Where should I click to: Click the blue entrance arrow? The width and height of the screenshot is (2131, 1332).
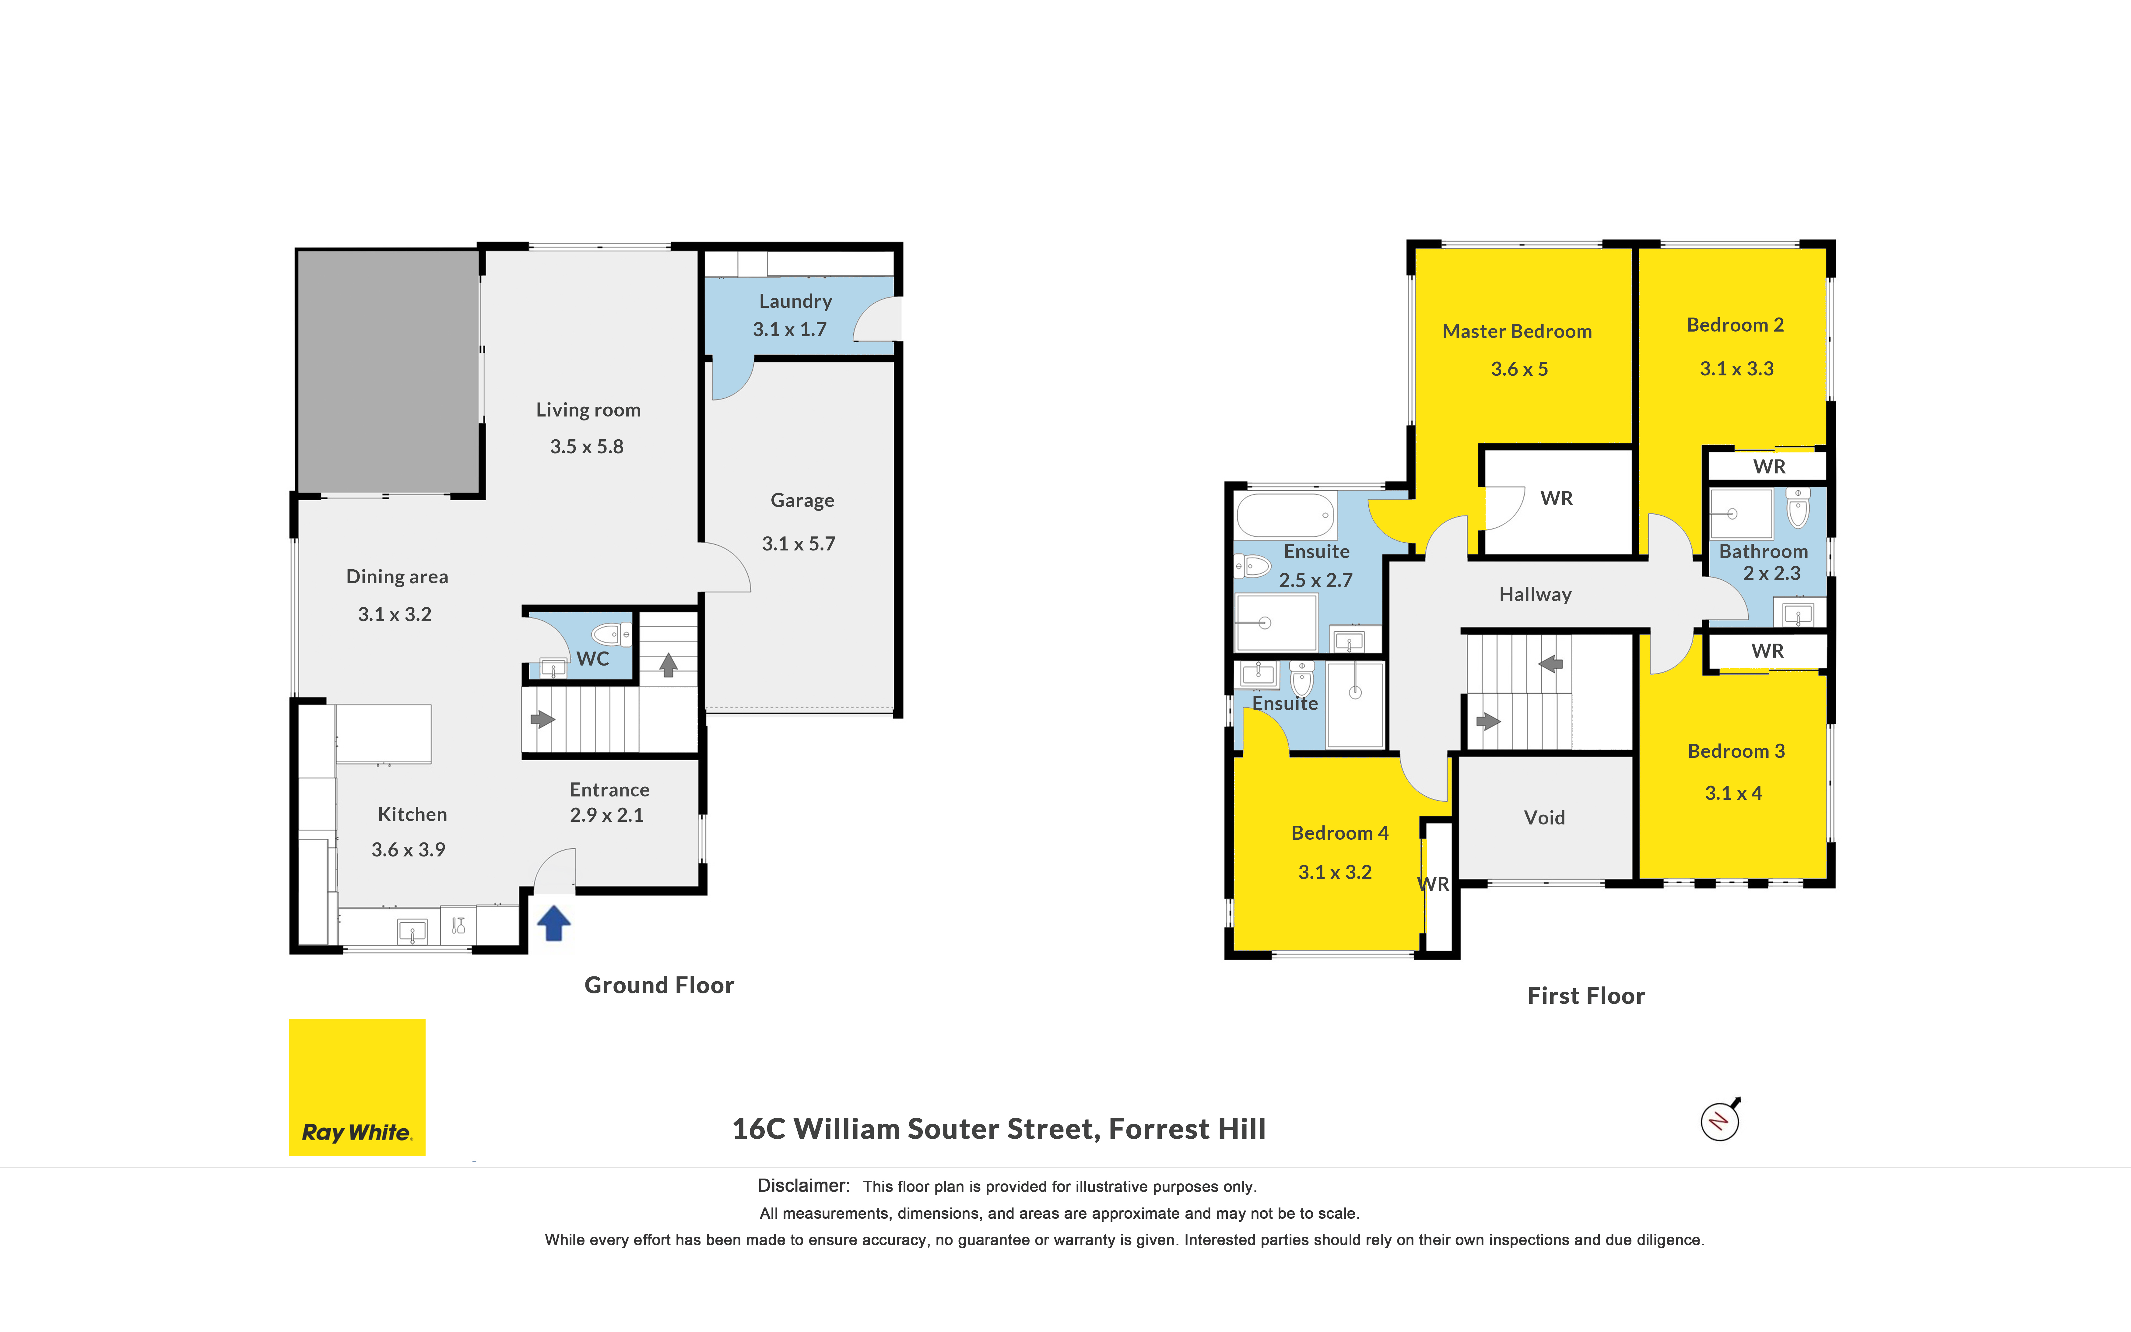point(554,923)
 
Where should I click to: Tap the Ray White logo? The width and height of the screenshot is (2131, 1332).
point(356,1087)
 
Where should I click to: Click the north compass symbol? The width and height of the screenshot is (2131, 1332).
point(1721,1120)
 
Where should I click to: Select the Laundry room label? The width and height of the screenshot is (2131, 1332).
point(795,301)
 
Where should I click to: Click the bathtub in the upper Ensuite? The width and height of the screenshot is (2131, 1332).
point(1286,515)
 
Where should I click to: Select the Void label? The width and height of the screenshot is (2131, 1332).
point(1545,817)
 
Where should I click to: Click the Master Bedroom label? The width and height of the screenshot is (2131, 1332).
point(1517,331)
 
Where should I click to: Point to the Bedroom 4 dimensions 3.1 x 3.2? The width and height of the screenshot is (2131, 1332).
point(1335,872)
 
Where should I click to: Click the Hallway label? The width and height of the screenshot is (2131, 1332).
point(1536,595)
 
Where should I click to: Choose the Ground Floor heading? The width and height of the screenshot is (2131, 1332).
point(660,985)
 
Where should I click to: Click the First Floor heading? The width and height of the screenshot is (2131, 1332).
point(1586,996)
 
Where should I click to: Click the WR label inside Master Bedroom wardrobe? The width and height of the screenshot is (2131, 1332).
point(1557,499)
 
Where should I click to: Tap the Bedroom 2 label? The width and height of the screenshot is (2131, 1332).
point(1736,325)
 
